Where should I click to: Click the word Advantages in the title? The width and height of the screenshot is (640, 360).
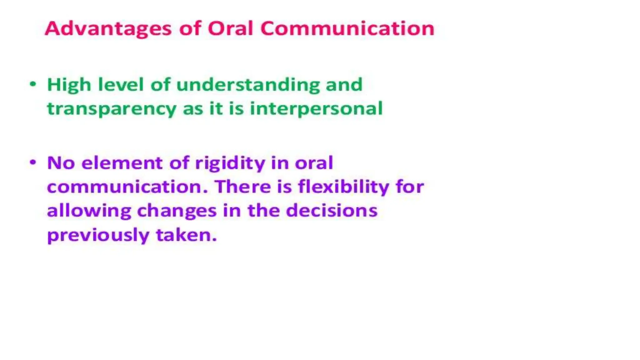pos(108,29)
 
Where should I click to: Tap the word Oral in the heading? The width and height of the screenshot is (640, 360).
pos(230,29)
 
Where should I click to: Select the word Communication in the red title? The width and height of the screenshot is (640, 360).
pos(347,29)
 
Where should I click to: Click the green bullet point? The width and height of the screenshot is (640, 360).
pos(33,84)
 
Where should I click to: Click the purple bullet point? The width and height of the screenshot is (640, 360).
pos(33,162)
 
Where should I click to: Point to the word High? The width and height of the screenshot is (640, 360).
pos(69,85)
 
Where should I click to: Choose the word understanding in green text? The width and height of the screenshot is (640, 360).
pos(248,85)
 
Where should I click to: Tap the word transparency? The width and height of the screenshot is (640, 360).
pos(112,109)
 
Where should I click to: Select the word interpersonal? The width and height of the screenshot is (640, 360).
pos(316,109)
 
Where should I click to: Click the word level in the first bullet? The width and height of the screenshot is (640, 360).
pos(121,85)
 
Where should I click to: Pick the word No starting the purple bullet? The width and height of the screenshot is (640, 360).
pos(61,163)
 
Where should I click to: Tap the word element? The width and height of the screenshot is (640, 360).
pos(122,163)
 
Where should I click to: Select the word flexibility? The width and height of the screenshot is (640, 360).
pos(343,187)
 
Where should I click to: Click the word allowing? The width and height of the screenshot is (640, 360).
pos(89,211)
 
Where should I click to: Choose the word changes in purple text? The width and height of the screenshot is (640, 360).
pos(177,211)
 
